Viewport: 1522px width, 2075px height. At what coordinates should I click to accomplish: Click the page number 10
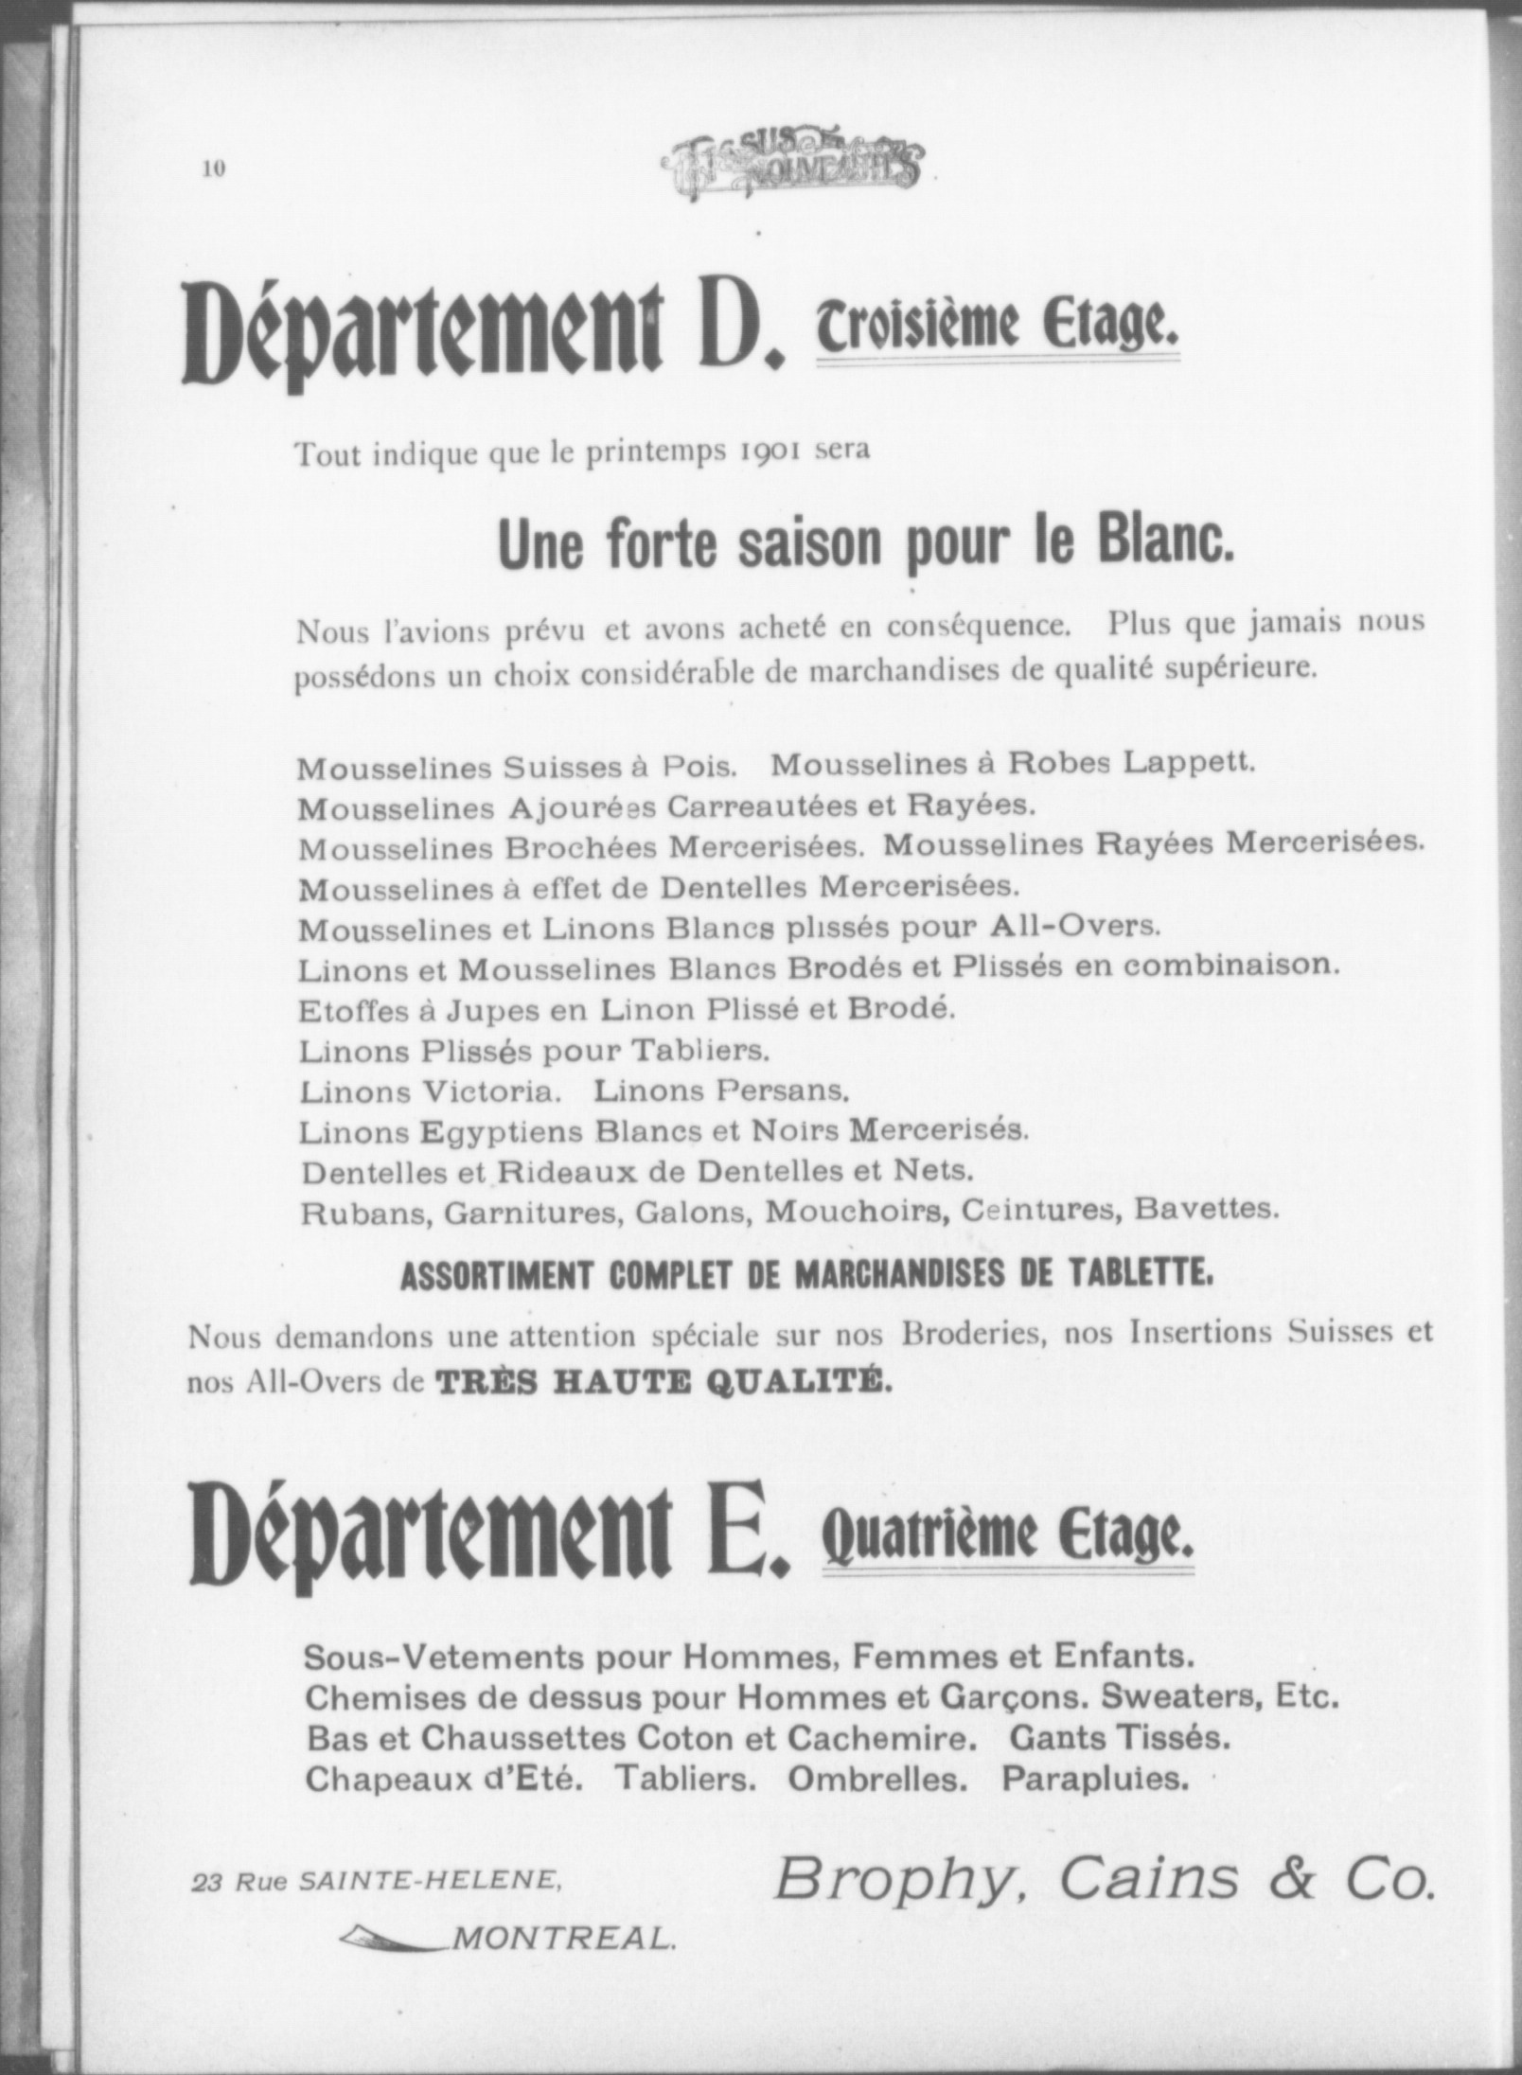pyautogui.click(x=213, y=168)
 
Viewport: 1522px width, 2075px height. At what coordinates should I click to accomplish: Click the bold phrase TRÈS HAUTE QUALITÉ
pyautogui.click(x=664, y=1381)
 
